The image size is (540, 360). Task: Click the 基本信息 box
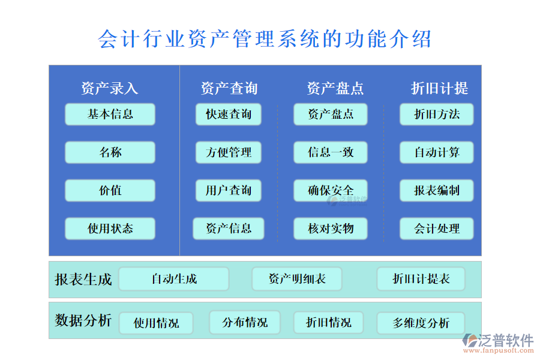click(x=110, y=114)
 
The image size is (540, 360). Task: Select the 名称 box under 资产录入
click(x=110, y=152)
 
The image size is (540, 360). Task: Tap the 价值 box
click(x=110, y=191)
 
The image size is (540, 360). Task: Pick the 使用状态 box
click(x=110, y=229)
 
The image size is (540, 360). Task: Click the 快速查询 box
click(x=228, y=114)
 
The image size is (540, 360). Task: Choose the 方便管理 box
click(x=228, y=152)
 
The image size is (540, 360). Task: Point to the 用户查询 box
click(x=228, y=191)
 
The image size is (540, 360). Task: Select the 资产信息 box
click(x=228, y=229)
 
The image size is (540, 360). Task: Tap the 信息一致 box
click(x=330, y=152)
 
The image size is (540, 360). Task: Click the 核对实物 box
click(x=330, y=229)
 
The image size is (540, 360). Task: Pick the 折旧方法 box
click(x=436, y=114)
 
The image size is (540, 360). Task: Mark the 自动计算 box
click(x=436, y=152)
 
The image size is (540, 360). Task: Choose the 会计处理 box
click(x=436, y=229)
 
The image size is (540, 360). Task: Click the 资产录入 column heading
click(x=110, y=89)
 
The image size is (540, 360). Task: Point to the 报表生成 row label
click(x=83, y=279)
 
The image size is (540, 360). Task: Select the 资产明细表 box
click(x=296, y=279)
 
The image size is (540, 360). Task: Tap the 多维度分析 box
click(x=421, y=323)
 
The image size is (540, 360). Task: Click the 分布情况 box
click(x=245, y=323)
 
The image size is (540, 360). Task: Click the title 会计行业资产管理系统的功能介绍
click(x=265, y=40)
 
